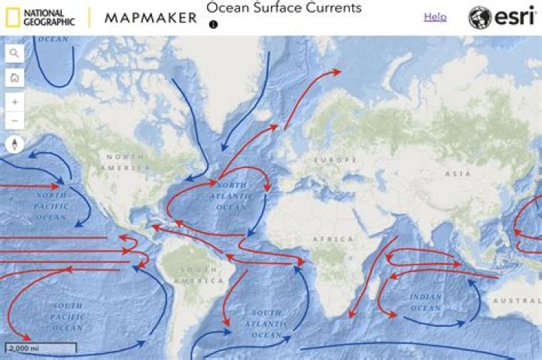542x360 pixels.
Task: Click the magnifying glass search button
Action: coord(14,53)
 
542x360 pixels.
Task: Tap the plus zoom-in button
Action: coord(14,102)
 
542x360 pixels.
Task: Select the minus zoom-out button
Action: coord(14,121)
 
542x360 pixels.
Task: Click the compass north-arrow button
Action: coord(14,145)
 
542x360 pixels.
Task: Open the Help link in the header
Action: coord(434,17)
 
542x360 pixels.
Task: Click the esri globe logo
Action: coord(480,17)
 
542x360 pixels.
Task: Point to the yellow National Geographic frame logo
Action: coord(10,17)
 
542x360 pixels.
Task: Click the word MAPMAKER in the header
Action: coord(151,17)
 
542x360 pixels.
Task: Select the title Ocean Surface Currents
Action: coord(284,8)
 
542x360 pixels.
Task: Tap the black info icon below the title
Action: coord(213,24)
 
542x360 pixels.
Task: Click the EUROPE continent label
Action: coord(336,160)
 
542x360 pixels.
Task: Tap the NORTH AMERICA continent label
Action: coord(120,161)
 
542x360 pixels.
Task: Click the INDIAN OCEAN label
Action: coord(425,302)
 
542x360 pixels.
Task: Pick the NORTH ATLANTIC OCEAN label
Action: coord(231,196)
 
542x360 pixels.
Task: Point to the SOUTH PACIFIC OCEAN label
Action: coord(68,316)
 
